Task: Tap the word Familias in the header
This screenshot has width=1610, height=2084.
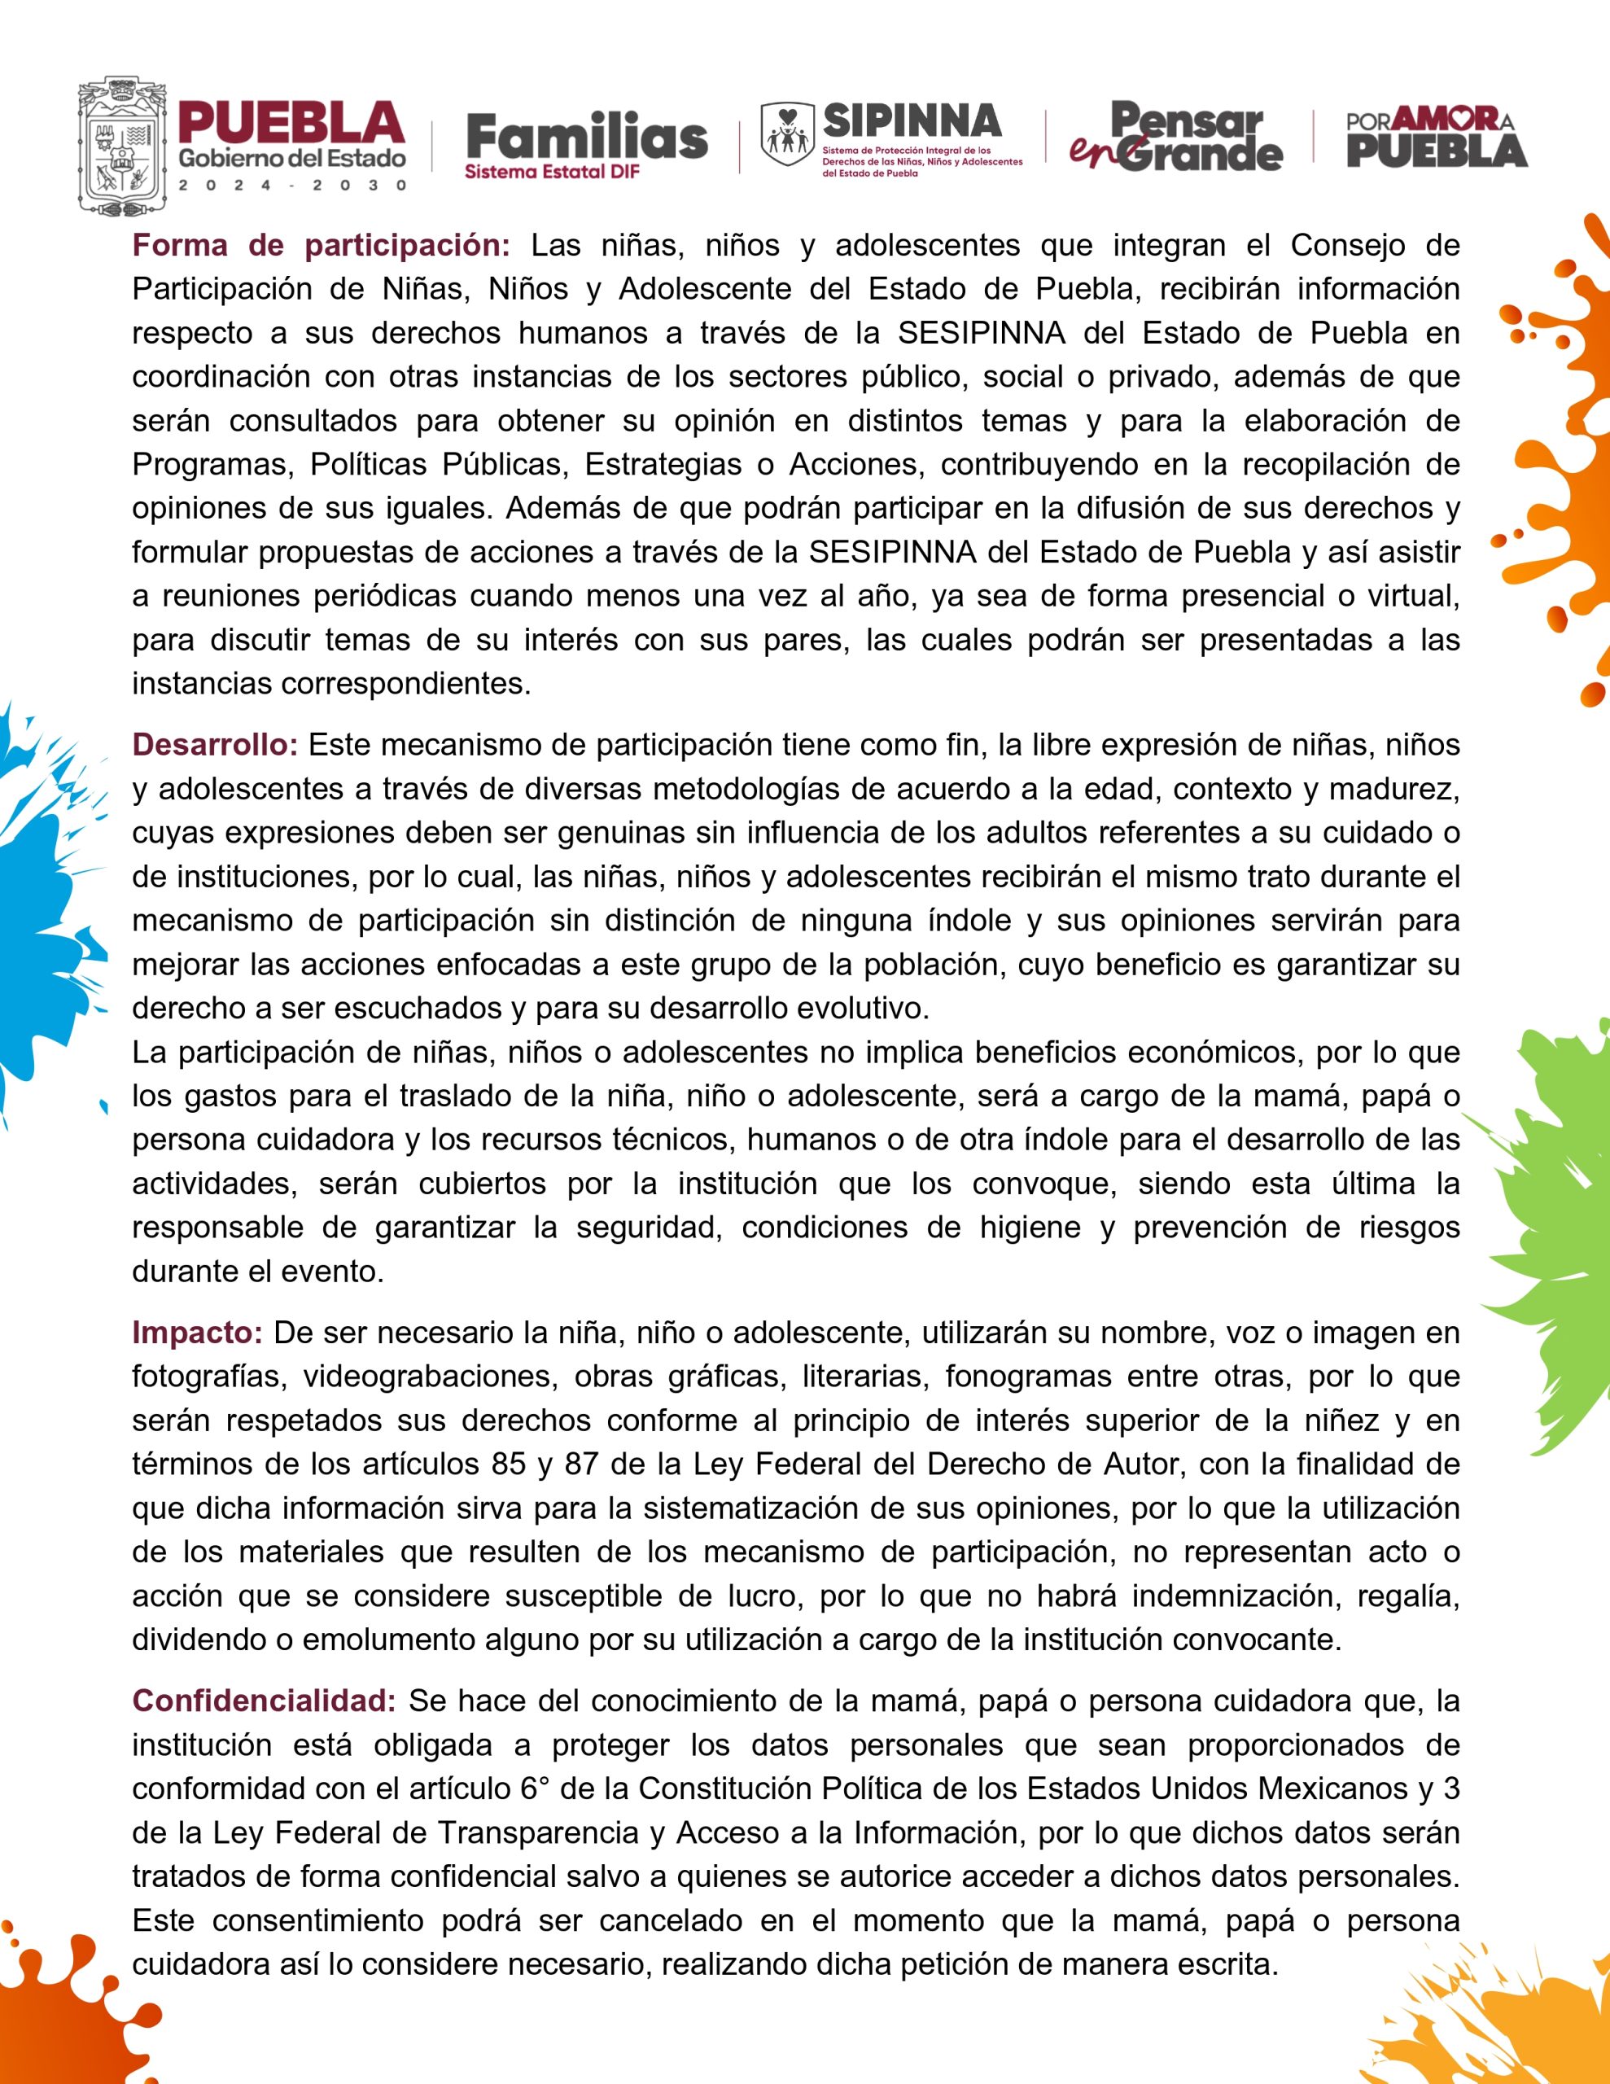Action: pyautogui.click(x=587, y=138)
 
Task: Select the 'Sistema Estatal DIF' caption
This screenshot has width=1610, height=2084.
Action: pyautogui.click(x=552, y=173)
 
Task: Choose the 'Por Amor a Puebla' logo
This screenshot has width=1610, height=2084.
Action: pyautogui.click(x=1437, y=138)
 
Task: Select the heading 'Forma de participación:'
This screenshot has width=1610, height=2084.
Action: pyautogui.click(x=322, y=245)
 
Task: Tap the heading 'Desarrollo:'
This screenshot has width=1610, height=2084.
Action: pyautogui.click(x=215, y=744)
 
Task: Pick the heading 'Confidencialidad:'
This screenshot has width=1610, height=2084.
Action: pyautogui.click(x=264, y=1701)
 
